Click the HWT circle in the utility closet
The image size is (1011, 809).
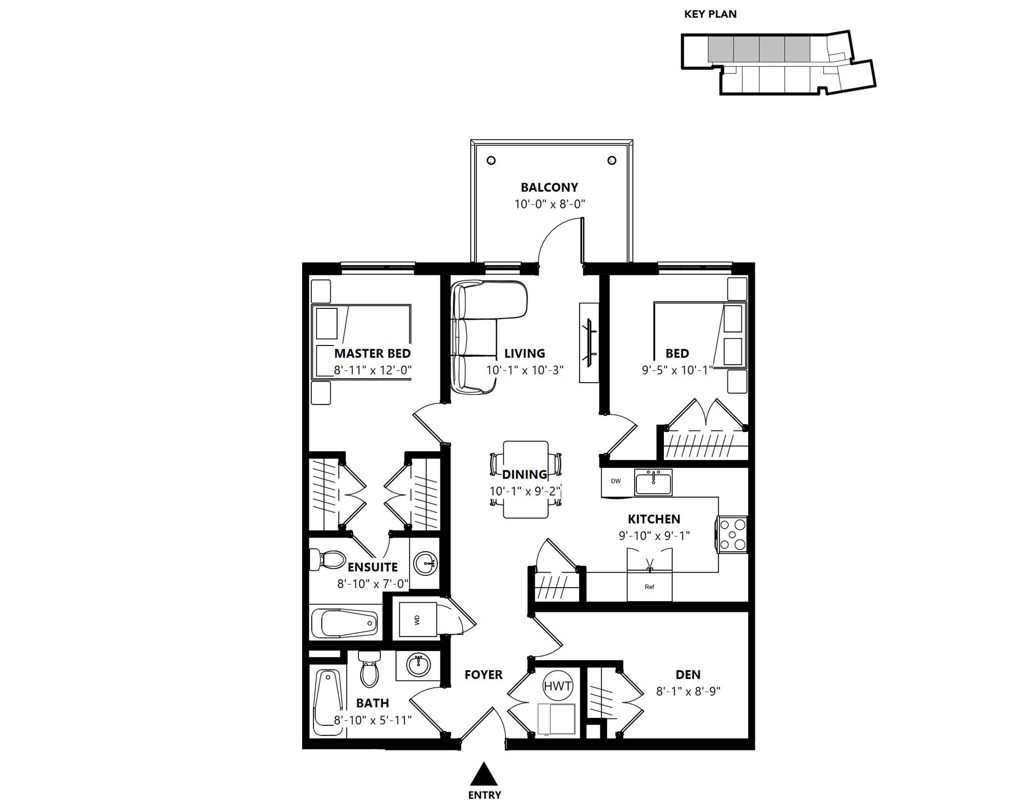coord(557,685)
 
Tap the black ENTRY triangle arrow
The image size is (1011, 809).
coord(484,774)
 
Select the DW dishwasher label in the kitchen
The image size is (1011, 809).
coord(616,481)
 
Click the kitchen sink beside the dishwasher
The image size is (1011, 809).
coord(653,483)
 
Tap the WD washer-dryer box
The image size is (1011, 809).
coord(417,620)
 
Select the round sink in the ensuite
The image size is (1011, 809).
coord(425,563)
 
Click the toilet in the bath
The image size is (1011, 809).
coord(368,669)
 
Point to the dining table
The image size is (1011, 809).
coord(526,479)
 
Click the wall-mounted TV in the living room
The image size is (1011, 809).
coord(589,343)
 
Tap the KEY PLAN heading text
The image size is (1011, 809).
coord(710,14)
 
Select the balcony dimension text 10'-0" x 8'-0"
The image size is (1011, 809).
coord(550,204)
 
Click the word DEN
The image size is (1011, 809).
coord(688,675)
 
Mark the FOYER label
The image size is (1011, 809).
coord(484,675)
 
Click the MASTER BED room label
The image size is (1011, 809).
coord(372,353)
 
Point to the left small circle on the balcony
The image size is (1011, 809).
coord(491,161)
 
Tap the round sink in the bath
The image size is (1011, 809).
coord(418,666)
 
